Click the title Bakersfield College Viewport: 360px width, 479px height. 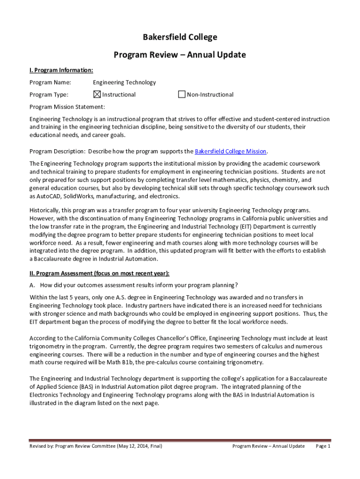tap(180, 37)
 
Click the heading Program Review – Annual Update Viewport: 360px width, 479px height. tap(180, 55)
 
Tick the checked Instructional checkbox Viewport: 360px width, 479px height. tap(97, 94)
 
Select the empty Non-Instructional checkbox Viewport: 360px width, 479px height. tap(182, 94)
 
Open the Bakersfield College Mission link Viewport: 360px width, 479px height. tap(230, 152)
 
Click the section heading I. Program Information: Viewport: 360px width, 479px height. tap(61, 70)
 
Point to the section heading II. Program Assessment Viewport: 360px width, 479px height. tap(99, 273)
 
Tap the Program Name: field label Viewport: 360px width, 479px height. tap(50, 82)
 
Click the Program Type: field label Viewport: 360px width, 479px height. tap(49, 94)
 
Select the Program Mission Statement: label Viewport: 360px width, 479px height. tap(67, 107)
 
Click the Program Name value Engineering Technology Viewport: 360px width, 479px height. tap(124, 82)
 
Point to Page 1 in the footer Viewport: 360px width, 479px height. tap(323, 446)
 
